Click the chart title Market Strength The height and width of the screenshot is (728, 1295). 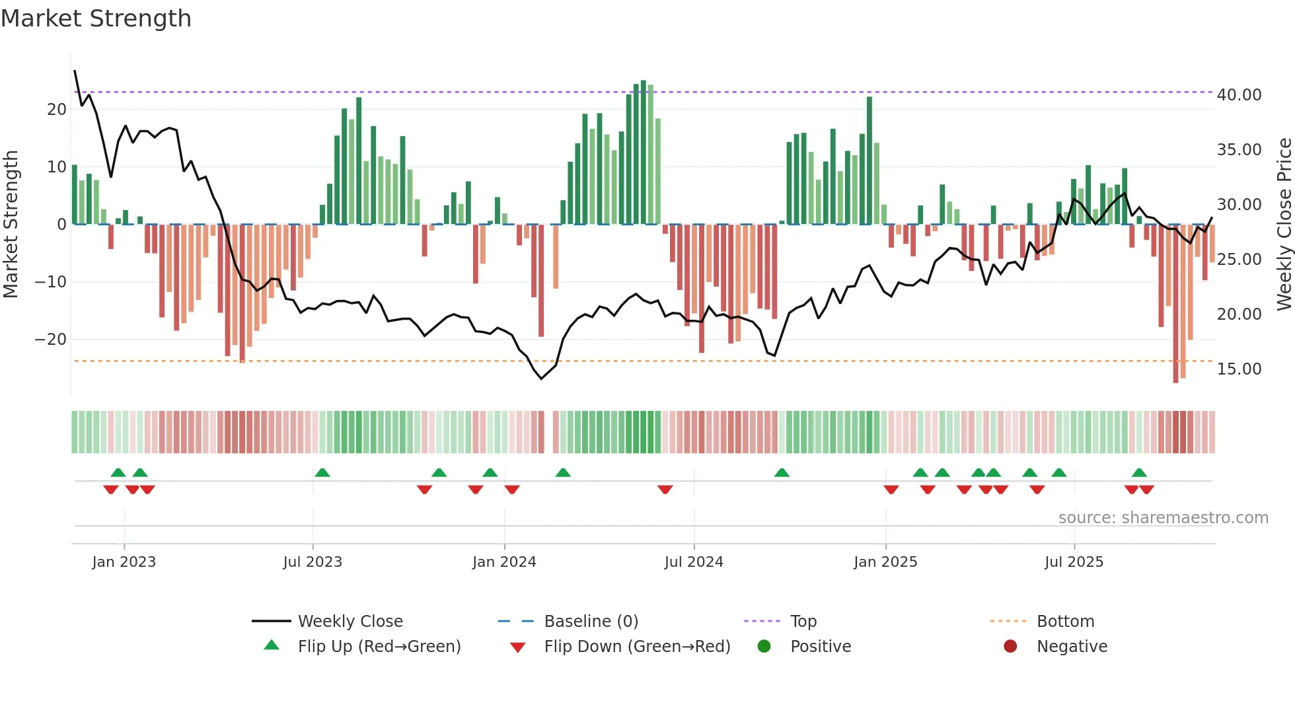point(96,18)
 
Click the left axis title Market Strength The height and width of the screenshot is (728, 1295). point(11,224)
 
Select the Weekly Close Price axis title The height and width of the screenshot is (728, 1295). point(1284,224)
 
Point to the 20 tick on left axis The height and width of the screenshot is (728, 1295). point(57,110)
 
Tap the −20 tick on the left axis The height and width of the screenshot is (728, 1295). point(51,340)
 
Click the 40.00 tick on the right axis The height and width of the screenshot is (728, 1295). point(1239,95)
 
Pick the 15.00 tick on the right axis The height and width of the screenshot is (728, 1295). point(1239,369)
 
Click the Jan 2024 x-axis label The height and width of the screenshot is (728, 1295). point(504,562)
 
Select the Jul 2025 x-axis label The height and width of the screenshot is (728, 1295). point(1074,562)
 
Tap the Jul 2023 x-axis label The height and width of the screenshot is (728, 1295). point(313,562)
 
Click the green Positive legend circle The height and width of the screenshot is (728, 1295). point(764,647)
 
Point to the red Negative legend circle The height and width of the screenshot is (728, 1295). point(1010,647)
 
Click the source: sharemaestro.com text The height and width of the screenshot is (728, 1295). point(1163,518)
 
